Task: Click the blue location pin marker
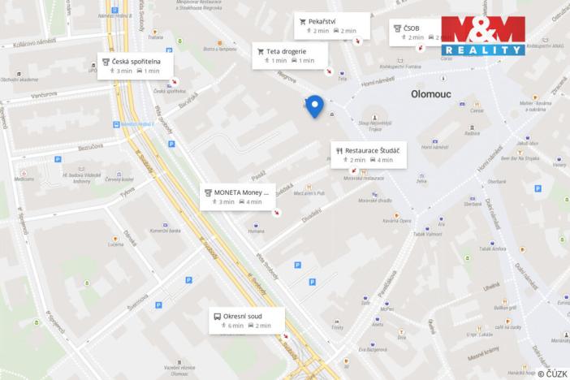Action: click(314, 106)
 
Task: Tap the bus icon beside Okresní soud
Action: click(218, 315)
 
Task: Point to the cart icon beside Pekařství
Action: click(302, 20)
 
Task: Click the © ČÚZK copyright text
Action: click(551, 373)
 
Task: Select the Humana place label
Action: click(257, 231)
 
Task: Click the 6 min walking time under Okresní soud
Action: click(235, 326)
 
